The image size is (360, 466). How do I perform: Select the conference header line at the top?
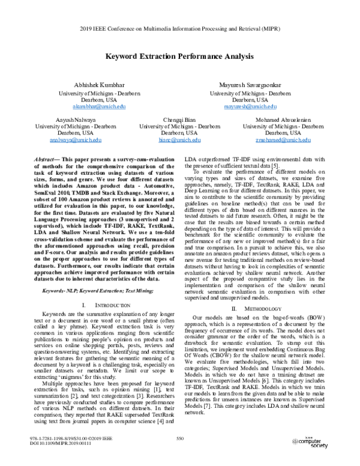pos(180,28)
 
